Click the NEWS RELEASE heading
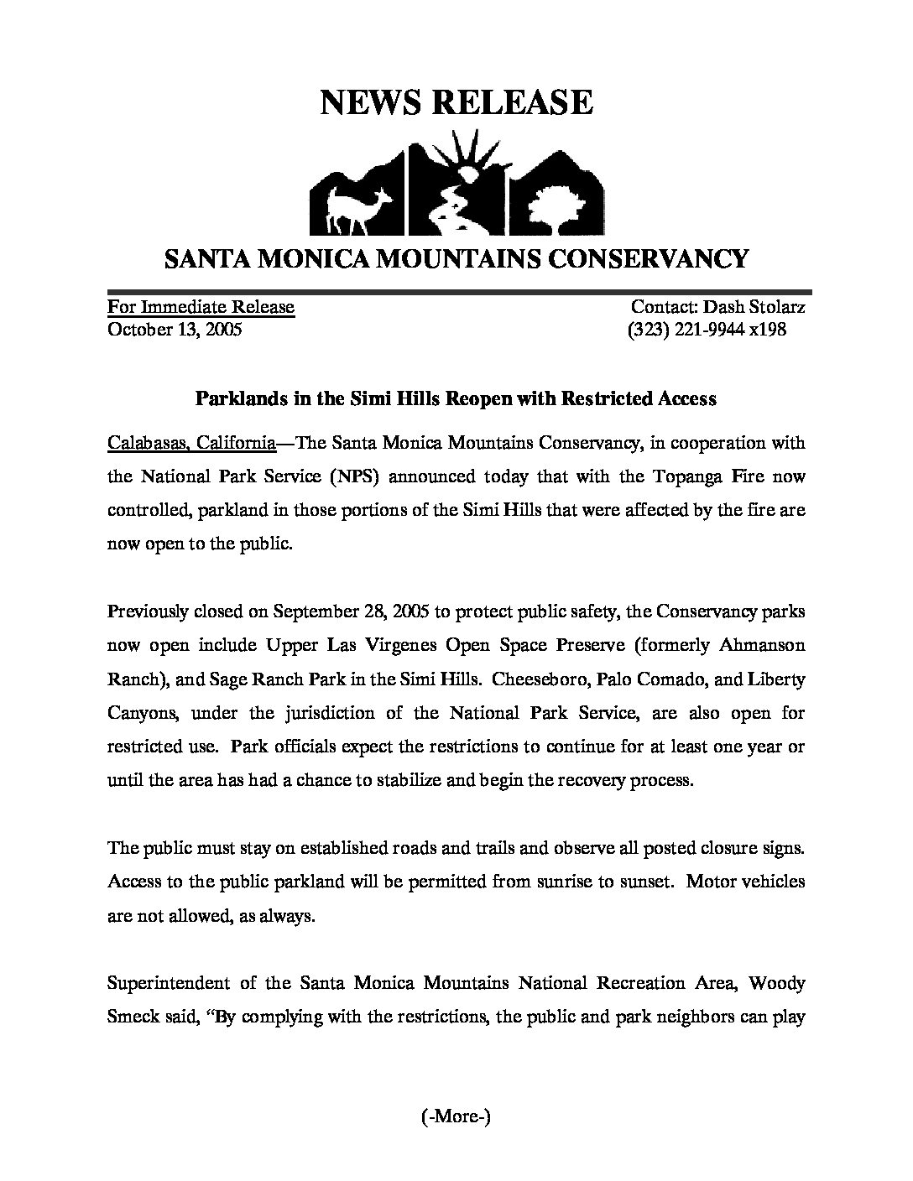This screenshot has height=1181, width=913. tap(456, 101)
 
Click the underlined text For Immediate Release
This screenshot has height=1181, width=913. tap(201, 307)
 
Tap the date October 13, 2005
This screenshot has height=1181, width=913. tap(175, 330)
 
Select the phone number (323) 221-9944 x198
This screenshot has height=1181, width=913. tap(707, 330)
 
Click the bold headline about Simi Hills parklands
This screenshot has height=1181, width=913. tap(456, 398)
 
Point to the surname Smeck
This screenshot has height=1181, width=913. tap(134, 1017)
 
